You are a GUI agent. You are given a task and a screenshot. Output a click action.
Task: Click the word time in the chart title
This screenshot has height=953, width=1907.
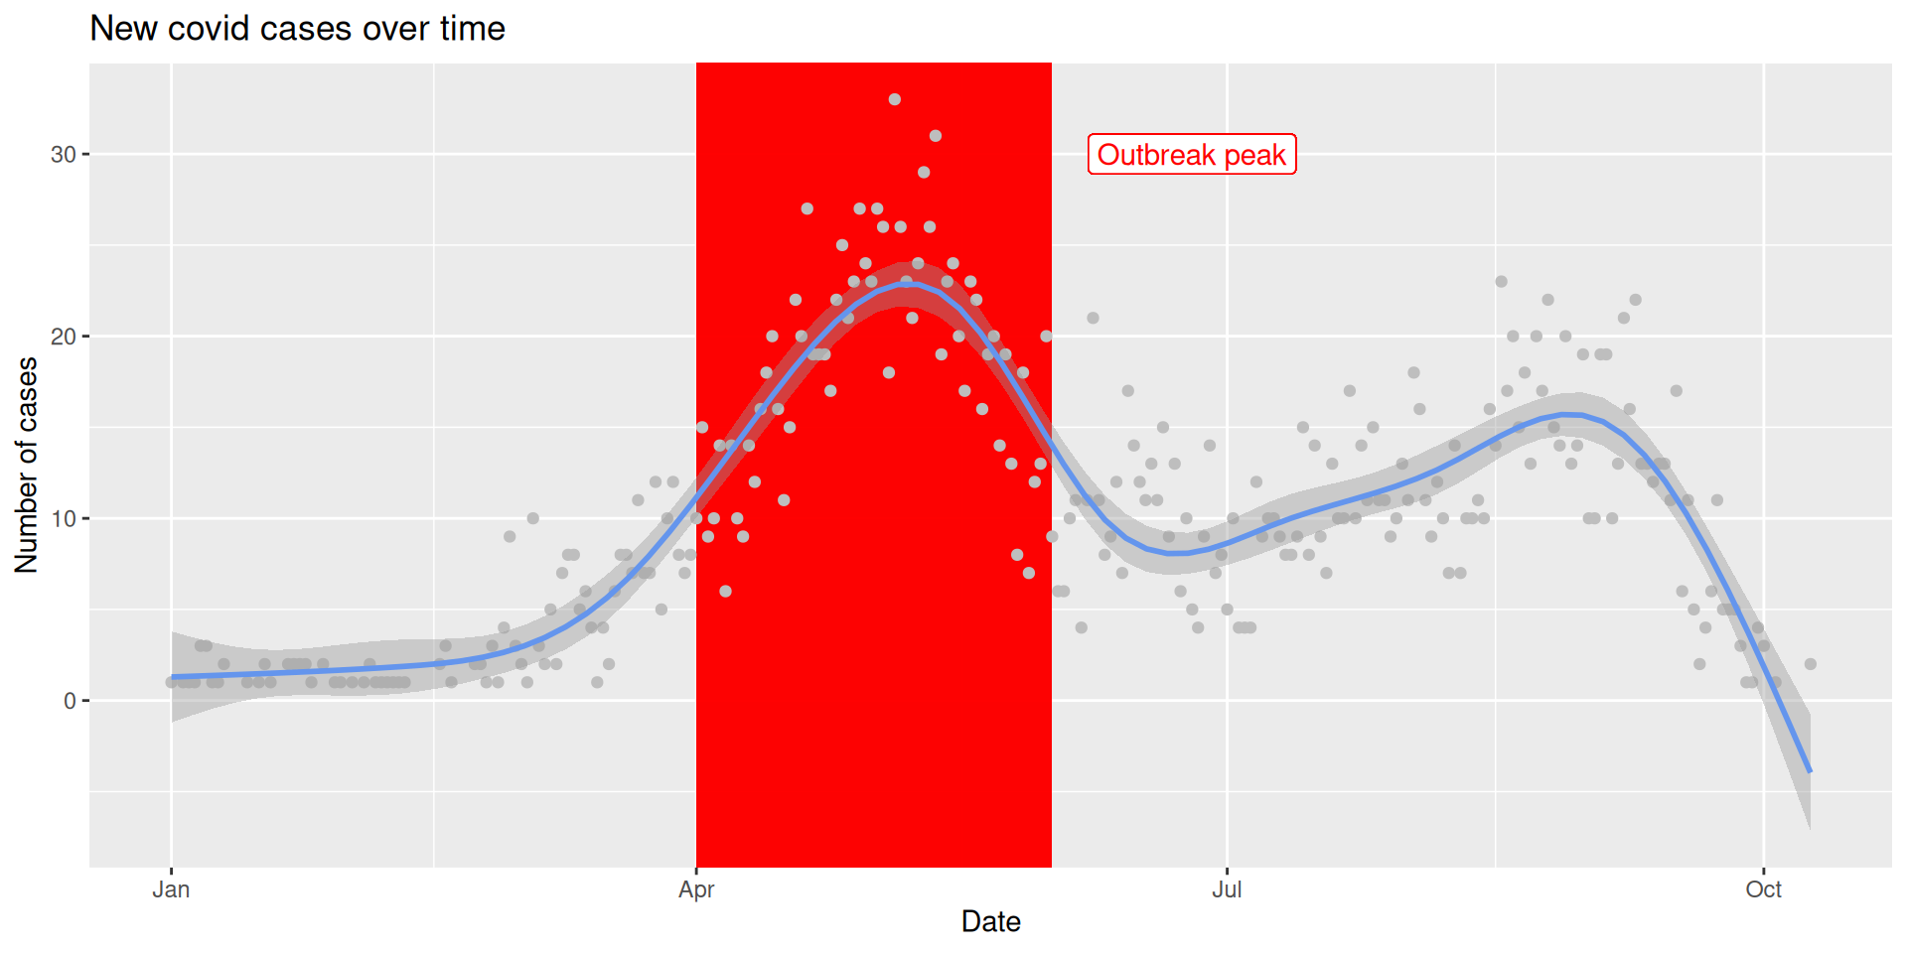tap(473, 29)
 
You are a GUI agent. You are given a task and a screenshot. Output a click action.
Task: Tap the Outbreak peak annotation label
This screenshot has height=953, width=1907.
tap(1192, 155)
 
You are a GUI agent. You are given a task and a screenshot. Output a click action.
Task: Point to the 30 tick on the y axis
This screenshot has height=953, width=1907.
tap(64, 155)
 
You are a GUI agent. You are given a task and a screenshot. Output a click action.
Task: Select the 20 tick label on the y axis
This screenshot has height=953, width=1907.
tap(64, 337)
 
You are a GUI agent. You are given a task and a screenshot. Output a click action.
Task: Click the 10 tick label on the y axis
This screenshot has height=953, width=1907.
tap(64, 518)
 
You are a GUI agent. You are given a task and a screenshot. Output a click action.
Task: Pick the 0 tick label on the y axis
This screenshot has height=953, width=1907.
tap(70, 701)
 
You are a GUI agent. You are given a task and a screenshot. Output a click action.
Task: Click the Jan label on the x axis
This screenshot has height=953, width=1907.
tap(171, 889)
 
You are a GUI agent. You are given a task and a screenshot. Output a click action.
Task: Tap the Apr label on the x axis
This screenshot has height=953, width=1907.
tap(696, 889)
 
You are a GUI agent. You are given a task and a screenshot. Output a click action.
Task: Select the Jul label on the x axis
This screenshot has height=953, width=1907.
tap(1227, 889)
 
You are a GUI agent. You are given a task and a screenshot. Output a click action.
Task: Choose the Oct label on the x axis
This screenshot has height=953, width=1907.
tap(1764, 889)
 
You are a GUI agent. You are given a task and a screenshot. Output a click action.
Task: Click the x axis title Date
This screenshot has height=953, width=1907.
tap(990, 922)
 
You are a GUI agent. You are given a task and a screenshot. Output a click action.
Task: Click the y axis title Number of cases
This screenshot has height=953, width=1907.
tap(27, 465)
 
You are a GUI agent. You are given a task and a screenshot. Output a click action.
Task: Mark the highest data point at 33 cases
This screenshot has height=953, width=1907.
tap(895, 99)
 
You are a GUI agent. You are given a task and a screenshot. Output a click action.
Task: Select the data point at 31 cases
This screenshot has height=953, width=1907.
tap(936, 136)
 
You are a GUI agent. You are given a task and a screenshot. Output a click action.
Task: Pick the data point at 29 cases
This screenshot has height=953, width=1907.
tap(924, 173)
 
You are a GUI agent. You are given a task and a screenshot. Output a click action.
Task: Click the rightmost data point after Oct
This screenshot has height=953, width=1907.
tap(1811, 664)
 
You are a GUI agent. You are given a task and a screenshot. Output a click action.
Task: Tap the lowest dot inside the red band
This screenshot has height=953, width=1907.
tap(726, 592)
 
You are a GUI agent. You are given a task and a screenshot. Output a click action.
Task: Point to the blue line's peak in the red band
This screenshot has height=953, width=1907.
tap(909, 284)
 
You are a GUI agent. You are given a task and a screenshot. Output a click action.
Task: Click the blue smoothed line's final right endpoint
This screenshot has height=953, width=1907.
tap(1810, 770)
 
